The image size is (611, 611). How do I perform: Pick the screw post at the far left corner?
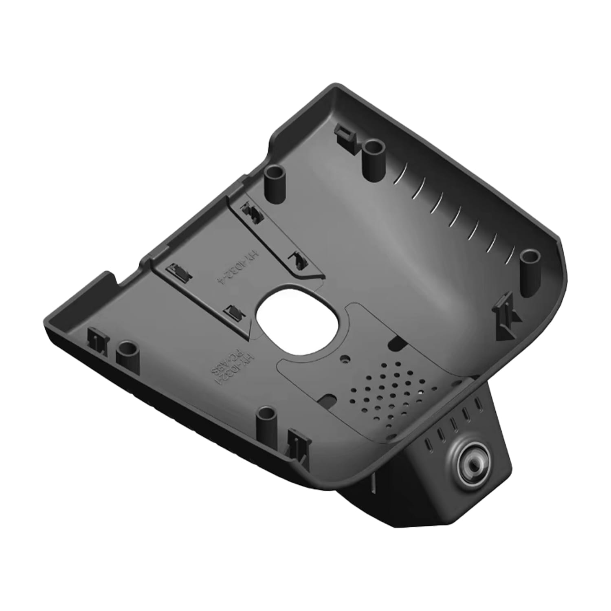point(127,353)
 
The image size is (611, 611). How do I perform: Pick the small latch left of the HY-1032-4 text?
point(179,271)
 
